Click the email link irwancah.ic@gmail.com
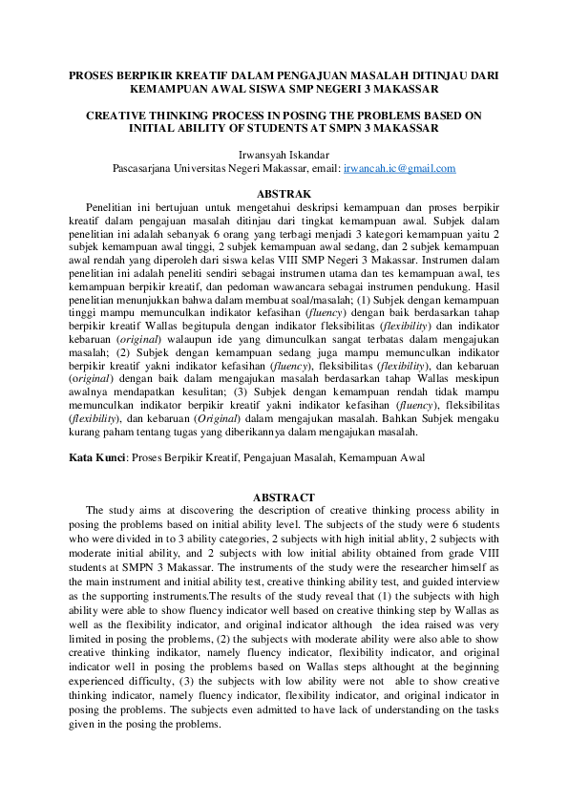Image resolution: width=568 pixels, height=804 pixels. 386,168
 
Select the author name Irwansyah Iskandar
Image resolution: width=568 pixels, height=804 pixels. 284,154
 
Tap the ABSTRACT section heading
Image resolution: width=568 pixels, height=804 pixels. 284,497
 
